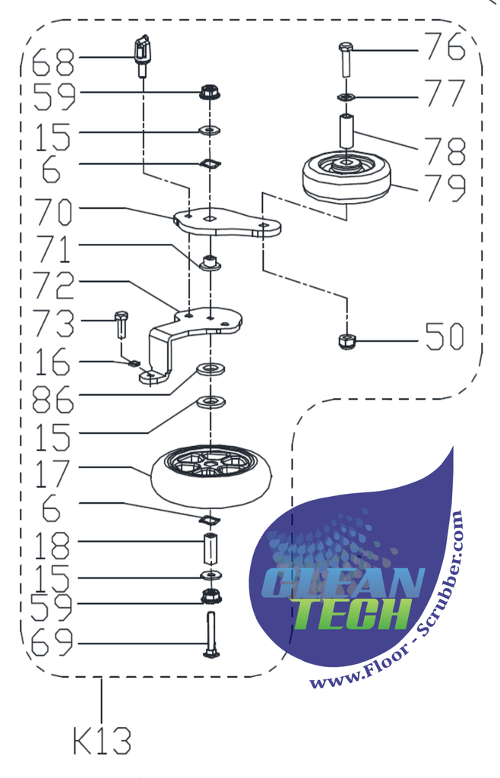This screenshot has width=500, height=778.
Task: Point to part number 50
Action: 445,337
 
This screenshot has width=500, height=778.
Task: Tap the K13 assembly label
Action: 103,740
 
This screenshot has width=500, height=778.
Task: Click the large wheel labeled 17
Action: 210,475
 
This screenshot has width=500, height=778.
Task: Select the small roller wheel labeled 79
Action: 346,177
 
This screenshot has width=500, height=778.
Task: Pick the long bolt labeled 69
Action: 210,637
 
